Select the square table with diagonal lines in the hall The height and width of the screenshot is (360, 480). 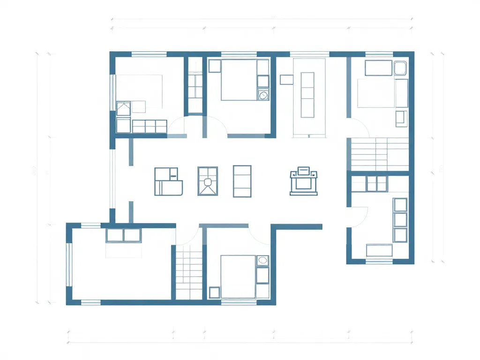pyautogui.click(x=208, y=180)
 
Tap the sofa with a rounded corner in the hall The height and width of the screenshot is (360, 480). pyautogui.click(x=168, y=181)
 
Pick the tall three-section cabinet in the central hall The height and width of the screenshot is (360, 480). pyautogui.click(x=242, y=181)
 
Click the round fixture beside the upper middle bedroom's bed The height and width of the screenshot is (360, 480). pyautogui.click(x=263, y=95)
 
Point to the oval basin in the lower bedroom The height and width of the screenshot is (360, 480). pyautogui.click(x=262, y=260)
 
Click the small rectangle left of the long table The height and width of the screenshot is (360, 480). pyautogui.click(x=286, y=80)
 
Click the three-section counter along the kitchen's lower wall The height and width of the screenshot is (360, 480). pyautogui.click(x=150, y=126)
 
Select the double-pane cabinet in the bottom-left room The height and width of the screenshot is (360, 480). pyautogui.click(x=123, y=235)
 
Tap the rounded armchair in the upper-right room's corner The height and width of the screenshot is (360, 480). pyautogui.click(x=401, y=69)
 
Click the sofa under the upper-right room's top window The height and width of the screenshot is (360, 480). pyautogui.click(x=378, y=68)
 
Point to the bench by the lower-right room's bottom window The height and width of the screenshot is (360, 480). pyautogui.click(x=379, y=250)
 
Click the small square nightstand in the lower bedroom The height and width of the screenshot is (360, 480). pyautogui.click(x=214, y=292)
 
